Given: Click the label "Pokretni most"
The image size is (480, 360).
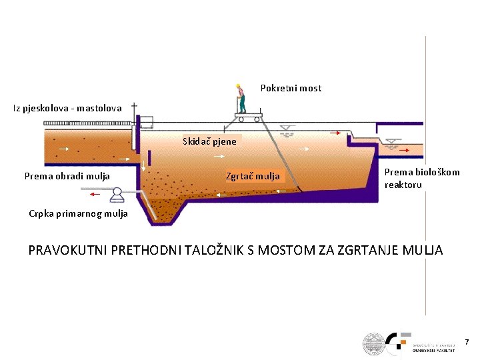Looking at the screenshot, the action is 291,88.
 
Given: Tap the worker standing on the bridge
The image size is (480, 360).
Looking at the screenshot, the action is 241,98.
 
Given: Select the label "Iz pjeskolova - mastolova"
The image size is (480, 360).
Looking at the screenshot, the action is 67,107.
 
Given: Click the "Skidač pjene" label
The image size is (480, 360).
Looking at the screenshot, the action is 210,141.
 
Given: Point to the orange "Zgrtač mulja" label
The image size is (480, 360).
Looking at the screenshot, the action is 253,177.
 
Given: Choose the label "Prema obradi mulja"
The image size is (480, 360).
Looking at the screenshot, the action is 67,177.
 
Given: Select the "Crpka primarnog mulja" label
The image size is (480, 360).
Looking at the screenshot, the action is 78,214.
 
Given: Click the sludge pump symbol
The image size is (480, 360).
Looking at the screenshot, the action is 119,194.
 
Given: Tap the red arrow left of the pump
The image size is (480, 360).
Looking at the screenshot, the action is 95,194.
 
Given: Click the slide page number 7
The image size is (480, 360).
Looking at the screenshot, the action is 467,342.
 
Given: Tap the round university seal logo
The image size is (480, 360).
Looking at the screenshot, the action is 374,343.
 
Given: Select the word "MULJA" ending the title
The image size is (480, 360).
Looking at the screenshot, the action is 421,251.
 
